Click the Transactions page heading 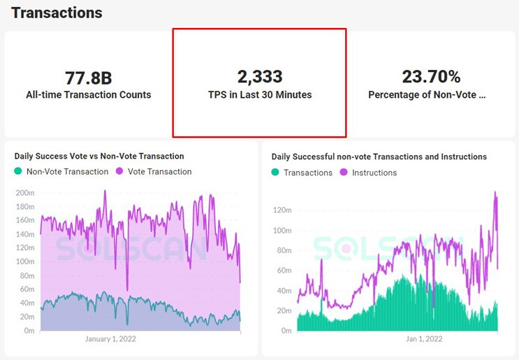57,13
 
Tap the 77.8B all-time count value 89,78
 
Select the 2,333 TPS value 260,76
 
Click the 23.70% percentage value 431,76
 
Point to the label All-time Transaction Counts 89,95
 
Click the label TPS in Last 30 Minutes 260,95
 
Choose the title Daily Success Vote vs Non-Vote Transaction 99,156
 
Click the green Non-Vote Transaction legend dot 18,171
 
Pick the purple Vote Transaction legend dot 119,171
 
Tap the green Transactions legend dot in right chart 275,172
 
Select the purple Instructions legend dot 344,172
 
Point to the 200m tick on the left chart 25,193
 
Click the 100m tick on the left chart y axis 25,261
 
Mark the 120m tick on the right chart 282,210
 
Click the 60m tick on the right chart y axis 284,271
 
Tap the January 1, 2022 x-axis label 110,339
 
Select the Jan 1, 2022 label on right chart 424,339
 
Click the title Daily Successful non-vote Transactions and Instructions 379,157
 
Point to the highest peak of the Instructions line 495,192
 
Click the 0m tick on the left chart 29,331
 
